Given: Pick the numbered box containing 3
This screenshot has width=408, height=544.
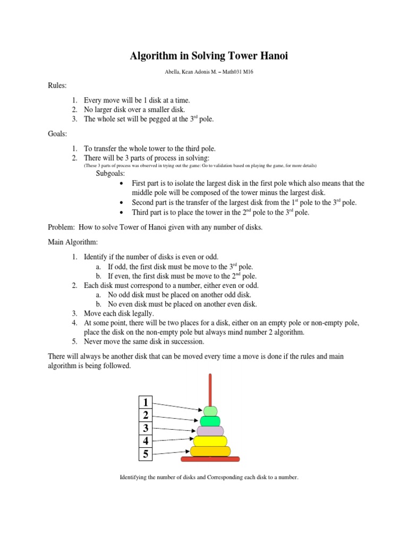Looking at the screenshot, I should [x=146, y=428].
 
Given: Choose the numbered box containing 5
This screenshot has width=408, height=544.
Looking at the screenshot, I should [x=146, y=454].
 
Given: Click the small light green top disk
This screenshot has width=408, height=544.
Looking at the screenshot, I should [x=210, y=411].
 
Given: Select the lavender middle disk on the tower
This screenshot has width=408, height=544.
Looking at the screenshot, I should [x=210, y=431].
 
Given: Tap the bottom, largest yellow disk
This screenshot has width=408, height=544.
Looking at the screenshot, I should [x=210, y=452].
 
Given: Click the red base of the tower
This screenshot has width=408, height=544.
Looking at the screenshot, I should [x=210, y=459].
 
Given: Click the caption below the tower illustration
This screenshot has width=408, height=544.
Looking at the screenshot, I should [x=210, y=478].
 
